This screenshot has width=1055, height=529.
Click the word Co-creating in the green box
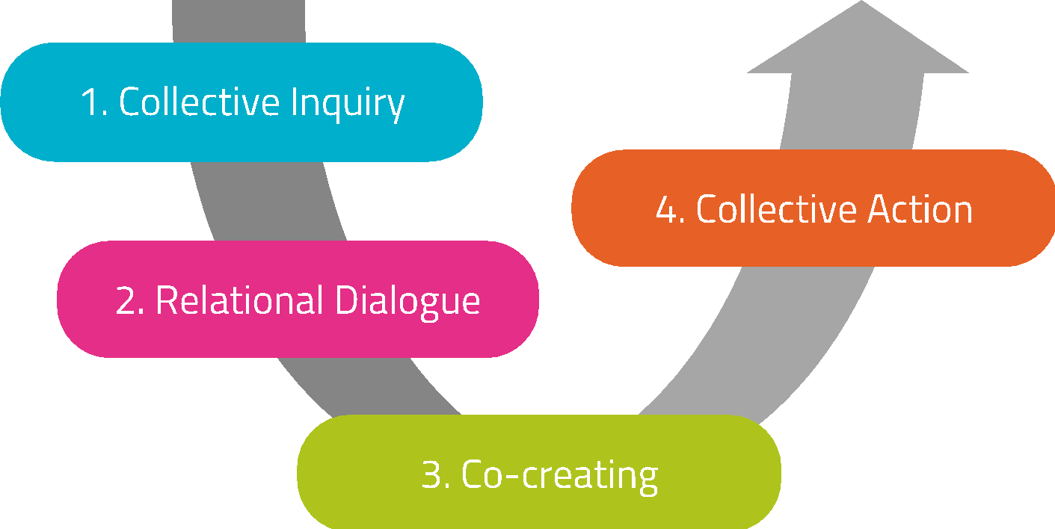[x=560, y=475]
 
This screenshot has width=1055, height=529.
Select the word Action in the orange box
[x=920, y=210]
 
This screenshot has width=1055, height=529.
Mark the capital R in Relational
[x=167, y=300]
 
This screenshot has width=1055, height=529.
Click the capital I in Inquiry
[x=295, y=102]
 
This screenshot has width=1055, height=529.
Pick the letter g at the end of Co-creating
[x=648, y=480]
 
